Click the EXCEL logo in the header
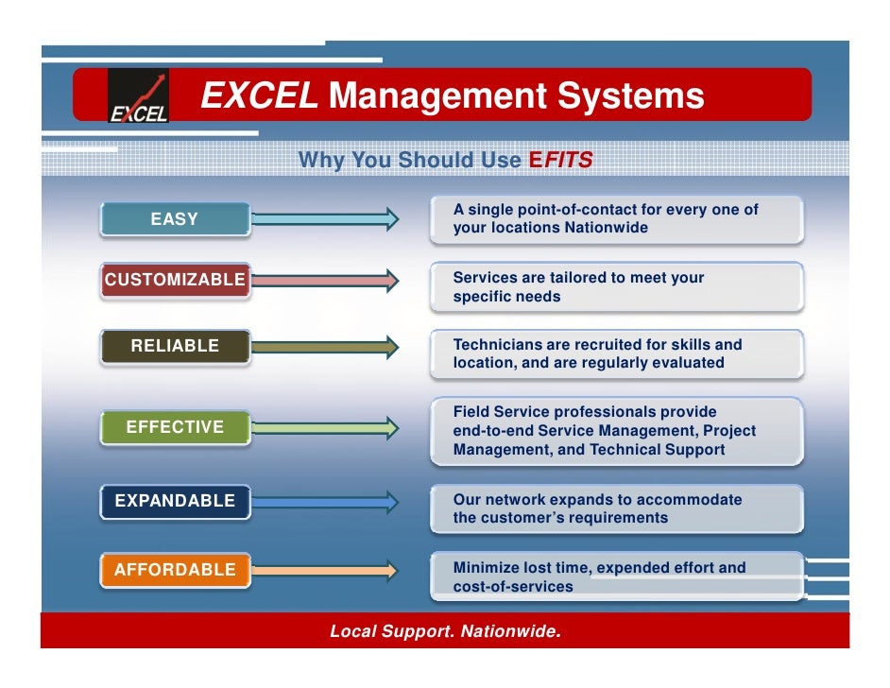[x=138, y=96]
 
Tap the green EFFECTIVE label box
[x=175, y=427]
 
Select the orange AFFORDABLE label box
[x=175, y=570]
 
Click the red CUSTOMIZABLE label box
[x=175, y=280]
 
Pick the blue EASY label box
[x=175, y=219]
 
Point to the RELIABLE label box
[x=175, y=346]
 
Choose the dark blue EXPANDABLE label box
[x=175, y=501]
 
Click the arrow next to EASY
[x=326, y=219]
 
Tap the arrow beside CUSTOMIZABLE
[x=326, y=280]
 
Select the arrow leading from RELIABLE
[x=326, y=347]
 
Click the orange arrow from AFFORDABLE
[x=326, y=570]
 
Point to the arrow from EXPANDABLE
[x=326, y=501]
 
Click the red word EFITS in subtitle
[x=561, y=161]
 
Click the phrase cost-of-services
[x=513, y=587]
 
